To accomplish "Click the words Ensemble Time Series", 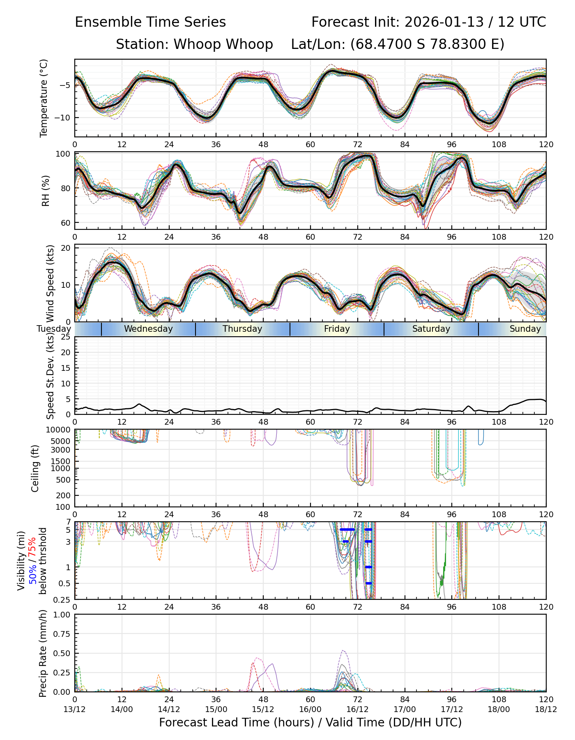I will pos(150,22).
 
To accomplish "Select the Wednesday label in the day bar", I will pos(148,329).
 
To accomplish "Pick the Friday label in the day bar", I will pos(337,329).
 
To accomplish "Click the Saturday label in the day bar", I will pos(431,329).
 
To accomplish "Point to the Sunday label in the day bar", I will pos(525,329).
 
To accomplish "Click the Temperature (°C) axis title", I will pos(44,98).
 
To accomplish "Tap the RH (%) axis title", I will pos(46,190).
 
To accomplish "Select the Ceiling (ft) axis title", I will pos(35,468).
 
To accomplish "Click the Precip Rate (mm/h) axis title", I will pos(43,653).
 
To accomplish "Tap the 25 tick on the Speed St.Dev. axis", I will pos(66,337).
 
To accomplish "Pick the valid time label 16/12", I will pos(357,710).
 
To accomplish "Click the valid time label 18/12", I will pos(546,710).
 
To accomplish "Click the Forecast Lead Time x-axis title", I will pos(310,723).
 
